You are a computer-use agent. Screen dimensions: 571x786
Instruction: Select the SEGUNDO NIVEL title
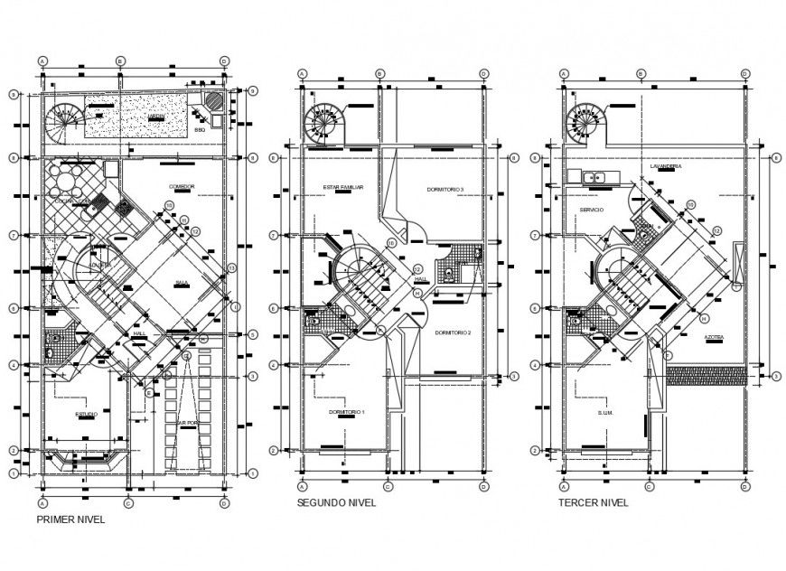click(x=336, y=503)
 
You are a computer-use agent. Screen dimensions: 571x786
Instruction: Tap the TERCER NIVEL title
click(x=593, y=503)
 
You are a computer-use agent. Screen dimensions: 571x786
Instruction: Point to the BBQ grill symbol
click(x=213, y=102)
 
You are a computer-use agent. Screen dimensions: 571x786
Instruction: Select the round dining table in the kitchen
click(x=69, y=180)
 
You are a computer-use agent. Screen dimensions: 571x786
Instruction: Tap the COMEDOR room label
click(x=182, y=187)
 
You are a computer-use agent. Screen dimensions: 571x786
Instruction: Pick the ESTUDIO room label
click(x=87, y=414)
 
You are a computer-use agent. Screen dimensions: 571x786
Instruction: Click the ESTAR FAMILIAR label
click(x=342, y=188)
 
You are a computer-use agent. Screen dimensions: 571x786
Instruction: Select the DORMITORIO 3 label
click(x=445, y=189)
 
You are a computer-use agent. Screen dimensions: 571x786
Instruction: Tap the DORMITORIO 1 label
click(x=346, y=411)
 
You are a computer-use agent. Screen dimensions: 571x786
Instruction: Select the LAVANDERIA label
click(x=665, y=167)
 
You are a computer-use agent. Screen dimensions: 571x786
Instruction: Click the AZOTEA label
click(x=716, y=336)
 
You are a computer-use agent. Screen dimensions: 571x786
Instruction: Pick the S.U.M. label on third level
click(x=604, y=414)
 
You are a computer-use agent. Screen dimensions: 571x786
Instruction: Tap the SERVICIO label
click(x=592, y=210)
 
